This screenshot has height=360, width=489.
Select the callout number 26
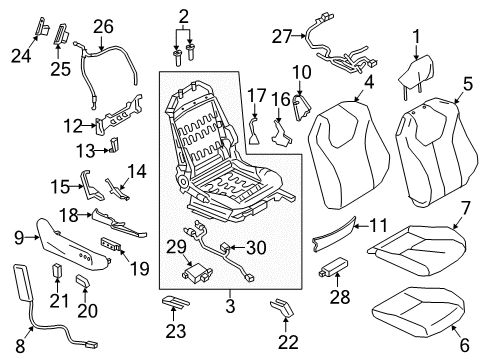[x=102, y=26]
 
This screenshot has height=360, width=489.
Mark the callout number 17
[x=257, y=96]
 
